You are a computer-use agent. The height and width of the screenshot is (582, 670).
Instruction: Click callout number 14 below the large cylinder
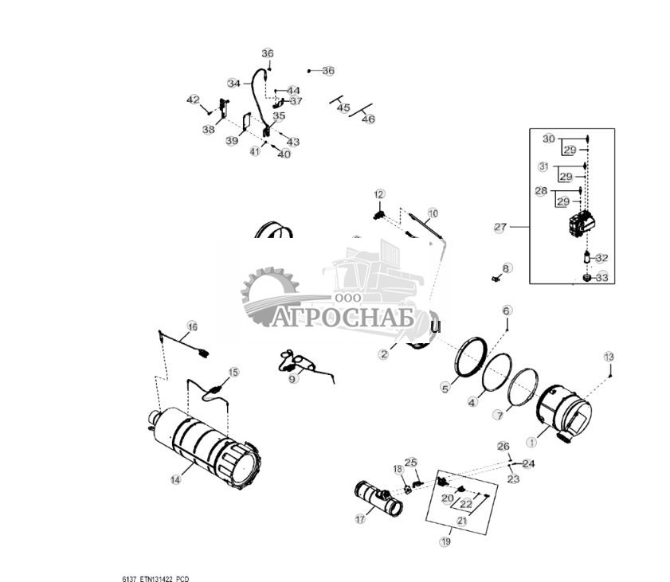tap(175, 479)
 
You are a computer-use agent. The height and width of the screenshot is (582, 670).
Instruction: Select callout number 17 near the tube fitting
tap(360, 519)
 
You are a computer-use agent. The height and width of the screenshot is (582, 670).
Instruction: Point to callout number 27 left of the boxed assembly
tap(500, 227)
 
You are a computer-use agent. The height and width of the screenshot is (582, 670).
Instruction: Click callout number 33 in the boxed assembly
tap(601, 278)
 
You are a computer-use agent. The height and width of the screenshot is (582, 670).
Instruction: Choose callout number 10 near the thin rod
tap(433, 213)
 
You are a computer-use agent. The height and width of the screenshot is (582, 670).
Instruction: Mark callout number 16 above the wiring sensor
tap(192, 326)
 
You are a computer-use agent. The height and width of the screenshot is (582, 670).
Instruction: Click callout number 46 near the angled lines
tap(368, 119)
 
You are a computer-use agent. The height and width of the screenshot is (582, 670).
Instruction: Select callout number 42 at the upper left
tap(193, 100)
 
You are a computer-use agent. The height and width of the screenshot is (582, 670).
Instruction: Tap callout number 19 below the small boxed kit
tap(445, 541)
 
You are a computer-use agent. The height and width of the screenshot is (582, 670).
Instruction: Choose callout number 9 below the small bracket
tap(292, 379)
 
